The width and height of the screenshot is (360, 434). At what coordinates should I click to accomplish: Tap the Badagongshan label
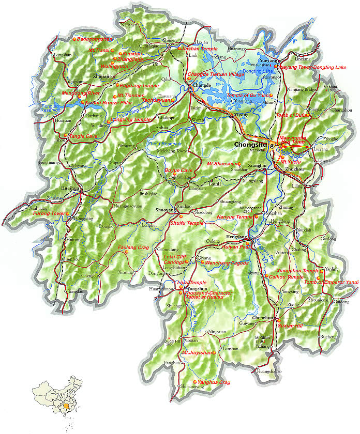(x=94, y=39)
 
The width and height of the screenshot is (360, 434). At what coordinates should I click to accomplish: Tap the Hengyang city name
(x=233, y=236)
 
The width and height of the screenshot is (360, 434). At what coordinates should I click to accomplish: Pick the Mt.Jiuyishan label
(x=197, y=352)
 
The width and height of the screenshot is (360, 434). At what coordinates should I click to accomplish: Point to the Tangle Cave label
(x=83, y=136)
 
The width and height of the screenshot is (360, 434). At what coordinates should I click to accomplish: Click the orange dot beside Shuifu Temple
(x=168, y=223)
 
